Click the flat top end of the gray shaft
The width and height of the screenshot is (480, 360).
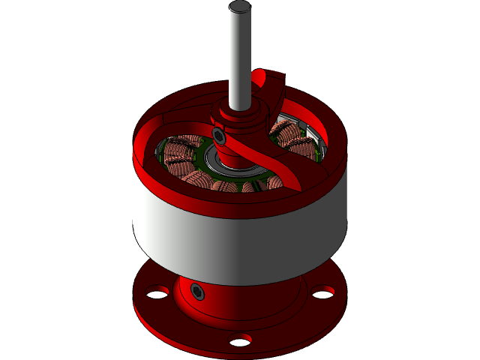(240, 7)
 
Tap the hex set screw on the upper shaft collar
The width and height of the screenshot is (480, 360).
(219, 136)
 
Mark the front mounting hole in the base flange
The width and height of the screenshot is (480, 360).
(240, 341)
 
